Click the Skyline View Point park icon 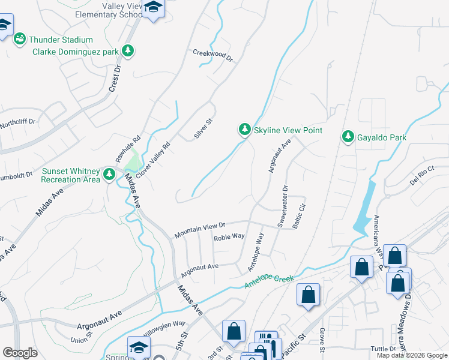coord(244,130)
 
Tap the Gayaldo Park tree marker coord(348,137)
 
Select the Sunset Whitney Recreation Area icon coord(109,175)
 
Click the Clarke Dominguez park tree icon coord(127,52)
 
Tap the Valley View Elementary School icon coord(154,8)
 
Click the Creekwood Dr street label coord(212,54)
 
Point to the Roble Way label coord(229,237)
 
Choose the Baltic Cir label coord(299,213)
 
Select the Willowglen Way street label coord(165,326)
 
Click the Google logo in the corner coord(20,353)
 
